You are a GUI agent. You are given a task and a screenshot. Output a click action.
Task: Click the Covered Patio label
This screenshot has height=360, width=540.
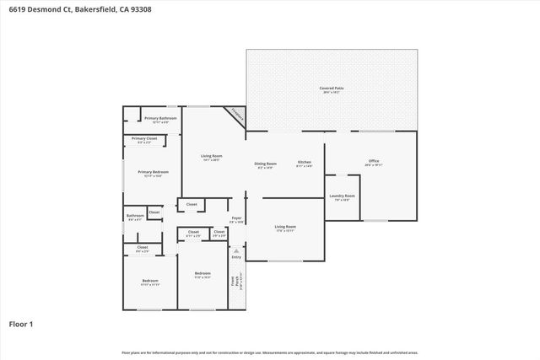(331, 88)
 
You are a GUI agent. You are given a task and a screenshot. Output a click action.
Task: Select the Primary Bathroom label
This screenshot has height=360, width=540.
(159, 118)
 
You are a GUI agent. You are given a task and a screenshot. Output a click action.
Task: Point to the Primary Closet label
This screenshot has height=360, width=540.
(144, 138)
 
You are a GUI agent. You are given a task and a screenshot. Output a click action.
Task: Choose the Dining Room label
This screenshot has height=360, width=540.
(266, 163)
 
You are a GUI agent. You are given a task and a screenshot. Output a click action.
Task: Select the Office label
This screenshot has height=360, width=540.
(372, 161)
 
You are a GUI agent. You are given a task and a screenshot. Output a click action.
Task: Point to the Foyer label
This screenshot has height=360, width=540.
(237, 218)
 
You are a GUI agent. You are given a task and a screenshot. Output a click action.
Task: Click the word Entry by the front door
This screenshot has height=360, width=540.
(236, 256)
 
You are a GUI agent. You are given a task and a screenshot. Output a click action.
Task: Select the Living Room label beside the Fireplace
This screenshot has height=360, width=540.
(211, 156)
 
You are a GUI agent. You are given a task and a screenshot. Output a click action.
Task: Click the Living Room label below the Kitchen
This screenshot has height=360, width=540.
(285, 226)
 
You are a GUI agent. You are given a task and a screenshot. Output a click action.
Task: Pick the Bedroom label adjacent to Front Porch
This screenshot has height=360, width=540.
(202, 273)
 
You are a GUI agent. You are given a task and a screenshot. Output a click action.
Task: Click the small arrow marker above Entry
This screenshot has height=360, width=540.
(236, 250)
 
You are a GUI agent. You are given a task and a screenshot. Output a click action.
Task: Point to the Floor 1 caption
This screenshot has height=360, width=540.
(20, 324)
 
